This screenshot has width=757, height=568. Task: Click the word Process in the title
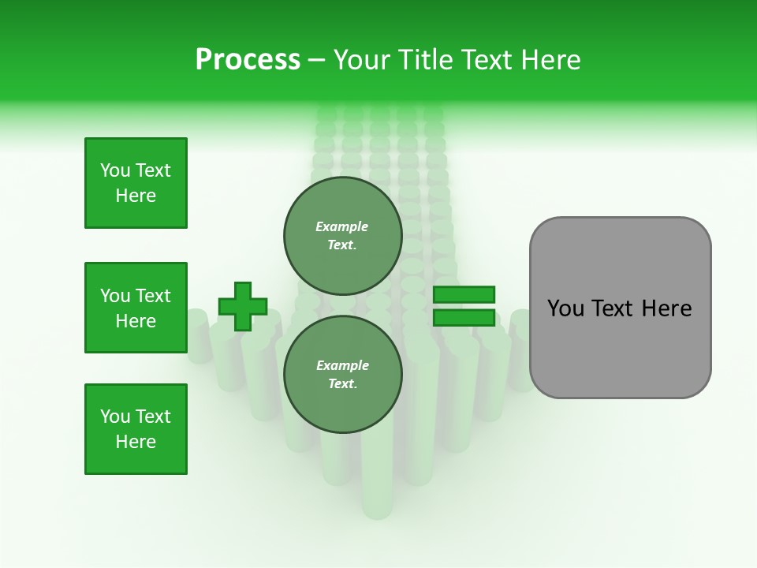248,60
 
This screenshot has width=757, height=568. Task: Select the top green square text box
136,183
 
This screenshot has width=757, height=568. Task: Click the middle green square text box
136,308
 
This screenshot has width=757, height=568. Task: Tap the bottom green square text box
136,429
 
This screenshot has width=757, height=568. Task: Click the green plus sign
243,306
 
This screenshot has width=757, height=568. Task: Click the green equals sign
464,306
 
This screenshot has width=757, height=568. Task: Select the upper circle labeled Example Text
342,235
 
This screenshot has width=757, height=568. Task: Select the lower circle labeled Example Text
342,374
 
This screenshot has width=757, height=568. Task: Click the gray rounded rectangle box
620,308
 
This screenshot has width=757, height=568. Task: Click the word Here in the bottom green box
136,442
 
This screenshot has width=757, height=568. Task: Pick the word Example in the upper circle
342,226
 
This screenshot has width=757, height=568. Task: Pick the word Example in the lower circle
342,365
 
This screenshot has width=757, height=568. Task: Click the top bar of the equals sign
464,294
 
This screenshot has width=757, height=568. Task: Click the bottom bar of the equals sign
464,318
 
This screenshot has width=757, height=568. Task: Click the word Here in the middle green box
136,321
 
